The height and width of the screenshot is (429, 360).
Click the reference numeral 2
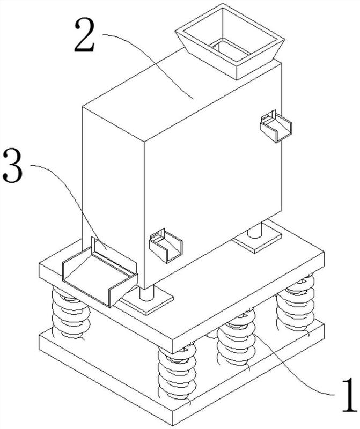[85, 36]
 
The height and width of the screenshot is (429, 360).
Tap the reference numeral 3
[12, 166]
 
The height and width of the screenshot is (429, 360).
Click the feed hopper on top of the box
[230, 41]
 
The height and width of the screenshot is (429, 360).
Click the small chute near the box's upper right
[275, 126]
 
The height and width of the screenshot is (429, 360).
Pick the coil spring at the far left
[71, 313]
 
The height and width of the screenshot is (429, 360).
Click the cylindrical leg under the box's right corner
[255, 231]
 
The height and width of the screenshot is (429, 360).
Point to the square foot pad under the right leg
[257, 239]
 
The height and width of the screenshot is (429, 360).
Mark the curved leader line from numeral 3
[72, 197]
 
